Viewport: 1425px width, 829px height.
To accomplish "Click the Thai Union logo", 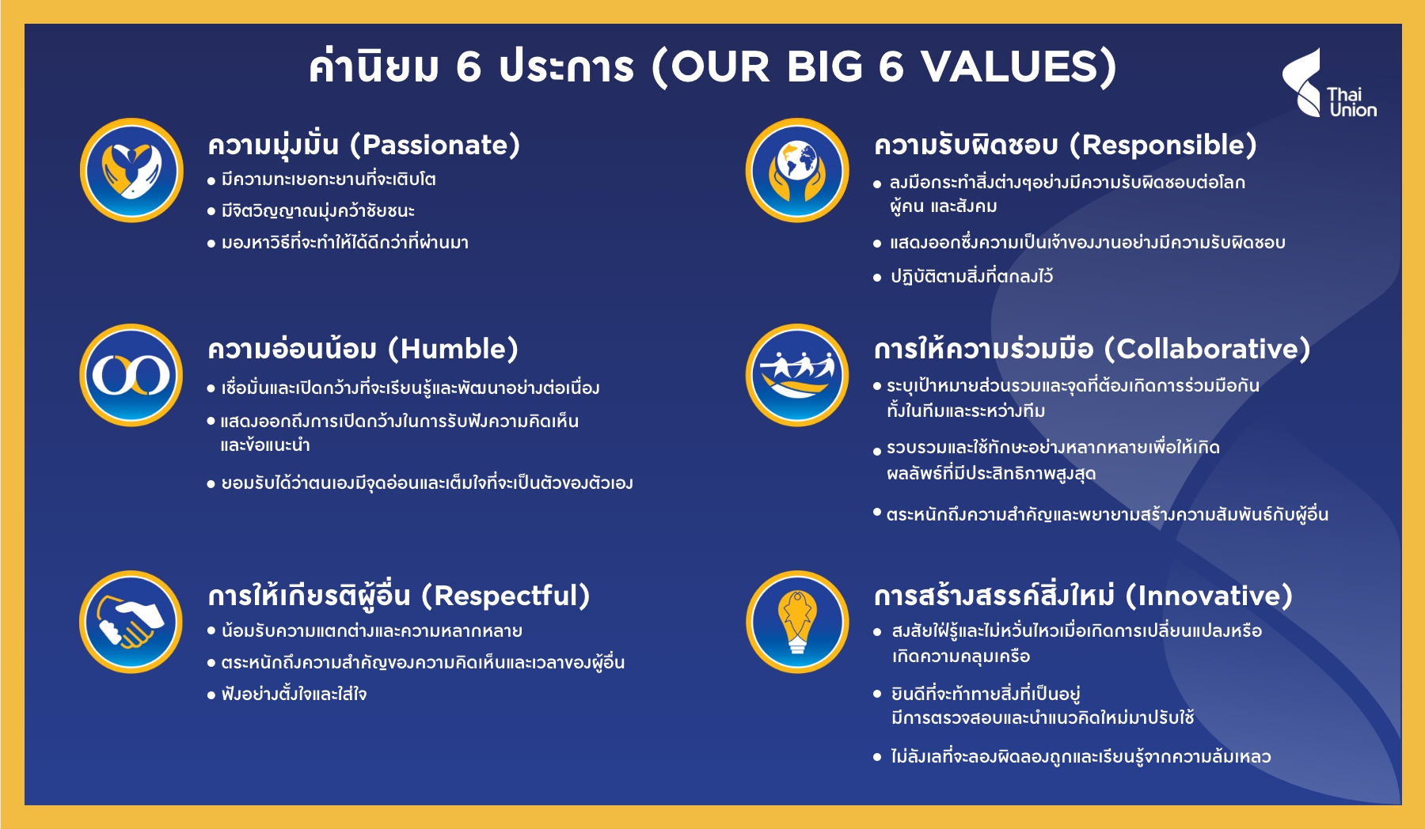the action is point(1330,84).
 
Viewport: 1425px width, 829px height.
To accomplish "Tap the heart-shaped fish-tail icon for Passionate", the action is point(131,170).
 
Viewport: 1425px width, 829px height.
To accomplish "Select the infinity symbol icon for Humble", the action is point(131,375).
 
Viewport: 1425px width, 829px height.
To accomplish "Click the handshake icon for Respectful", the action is point(131,622).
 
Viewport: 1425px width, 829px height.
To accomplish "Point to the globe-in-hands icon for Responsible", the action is point(797,170).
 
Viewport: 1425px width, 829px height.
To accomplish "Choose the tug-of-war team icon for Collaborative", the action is point(797,375).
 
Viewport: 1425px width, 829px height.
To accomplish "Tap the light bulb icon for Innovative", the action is point(797,622).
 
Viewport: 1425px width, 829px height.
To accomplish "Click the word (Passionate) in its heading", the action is point(435,146).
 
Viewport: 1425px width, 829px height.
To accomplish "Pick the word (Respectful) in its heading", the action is point(506,596).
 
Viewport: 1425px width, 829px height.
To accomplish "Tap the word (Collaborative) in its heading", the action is point(1207,349).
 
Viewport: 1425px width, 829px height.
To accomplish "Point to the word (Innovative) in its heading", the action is point(1209,596).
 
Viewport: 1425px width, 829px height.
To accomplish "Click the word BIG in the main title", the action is point(824,66).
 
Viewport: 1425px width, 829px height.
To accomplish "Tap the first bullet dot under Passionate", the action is point(211,181).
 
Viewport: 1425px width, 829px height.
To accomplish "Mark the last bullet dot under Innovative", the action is point(877,757).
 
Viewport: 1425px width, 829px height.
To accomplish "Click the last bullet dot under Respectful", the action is point(211,695).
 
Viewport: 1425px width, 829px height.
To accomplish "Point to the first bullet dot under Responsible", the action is point(877,184).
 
